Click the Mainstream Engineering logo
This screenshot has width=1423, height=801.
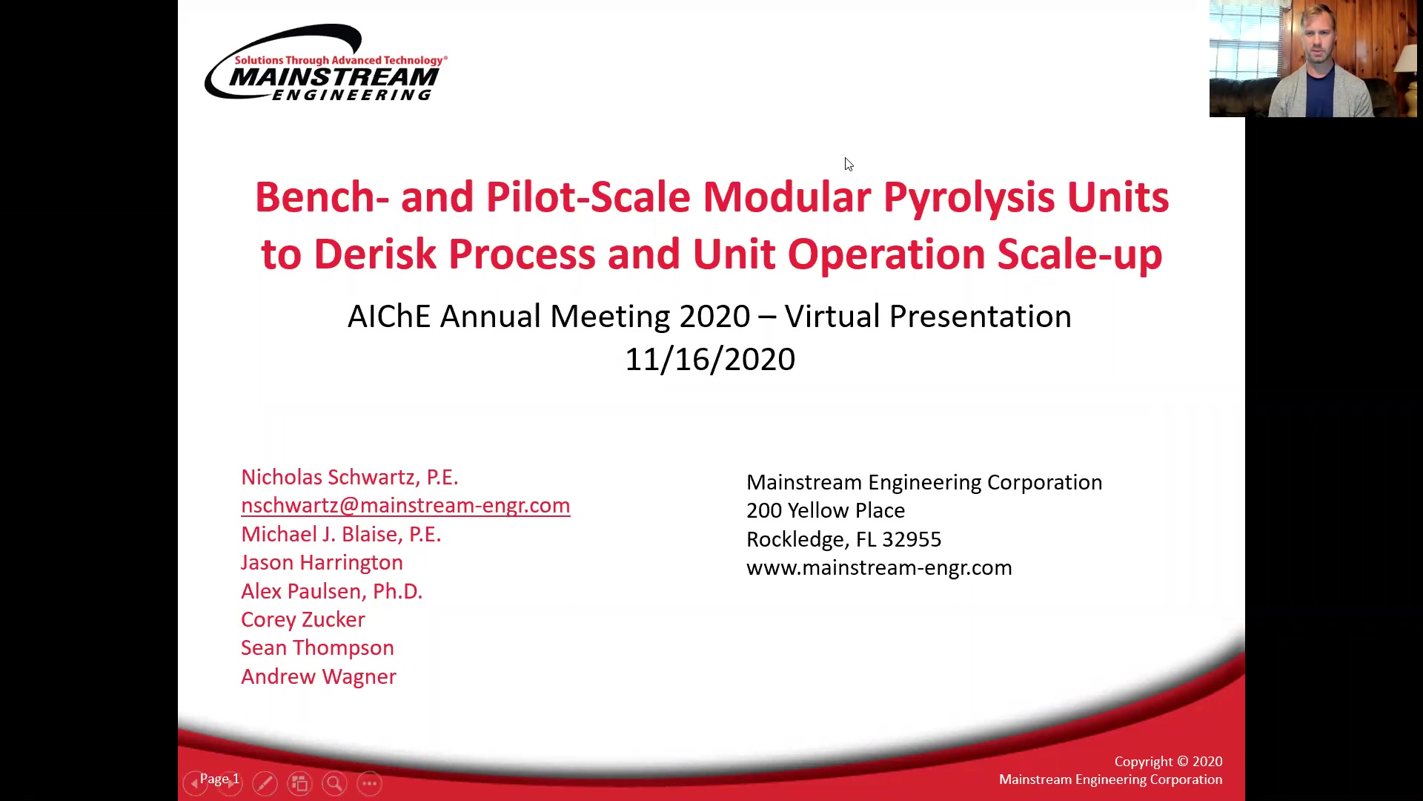pos(326,62)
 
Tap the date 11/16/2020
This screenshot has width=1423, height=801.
pos(710,360)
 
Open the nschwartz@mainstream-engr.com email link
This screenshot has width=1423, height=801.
pos(405,506)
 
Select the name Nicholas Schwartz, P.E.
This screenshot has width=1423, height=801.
pos(350,477)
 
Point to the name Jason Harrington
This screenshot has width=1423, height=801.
pos(322,562)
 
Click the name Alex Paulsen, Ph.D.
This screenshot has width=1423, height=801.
pos(331,591)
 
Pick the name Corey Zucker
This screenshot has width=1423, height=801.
pos(303,619)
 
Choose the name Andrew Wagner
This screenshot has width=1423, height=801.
pos(319,676)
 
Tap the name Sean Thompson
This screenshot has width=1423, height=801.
pos(317,647)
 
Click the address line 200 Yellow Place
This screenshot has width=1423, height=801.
pos(826,510)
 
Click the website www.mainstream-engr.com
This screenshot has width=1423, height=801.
pos(879,567)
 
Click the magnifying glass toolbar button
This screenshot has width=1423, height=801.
pos(334,783)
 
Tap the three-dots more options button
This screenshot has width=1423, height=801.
pos(369,783)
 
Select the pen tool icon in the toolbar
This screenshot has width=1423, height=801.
pos(265,783)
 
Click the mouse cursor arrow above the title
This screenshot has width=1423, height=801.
pos(849,164)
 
